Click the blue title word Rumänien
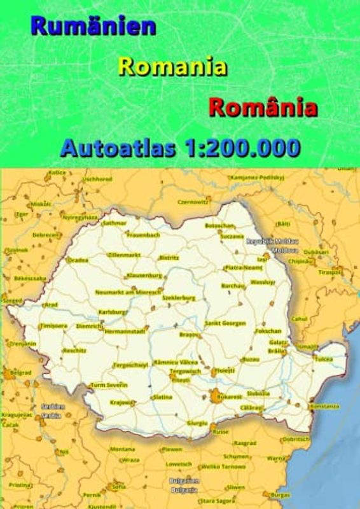tap(93, 26)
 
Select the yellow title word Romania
tap(172, 66)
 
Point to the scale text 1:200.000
tap(242, 148)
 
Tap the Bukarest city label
tap(229, 396)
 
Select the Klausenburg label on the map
tap(145, 275)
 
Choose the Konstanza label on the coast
tap(324, 406)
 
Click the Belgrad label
tap(20, 372)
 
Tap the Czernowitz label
tap(193, 201)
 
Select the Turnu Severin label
tap(109, 385)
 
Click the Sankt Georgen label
tap(225, 323)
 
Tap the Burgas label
tap(280, 494)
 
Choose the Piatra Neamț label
tap(244, 268)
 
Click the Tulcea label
tap(324, 359)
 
